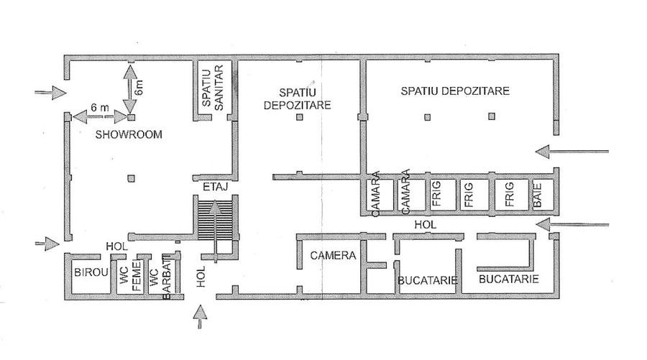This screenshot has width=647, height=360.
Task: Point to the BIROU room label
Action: click(90, 273)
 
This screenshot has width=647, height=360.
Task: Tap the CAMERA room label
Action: click(330, 255)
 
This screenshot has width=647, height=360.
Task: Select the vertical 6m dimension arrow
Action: click(129, 89)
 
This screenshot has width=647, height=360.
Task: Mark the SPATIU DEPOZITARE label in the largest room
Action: click(456, 91)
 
